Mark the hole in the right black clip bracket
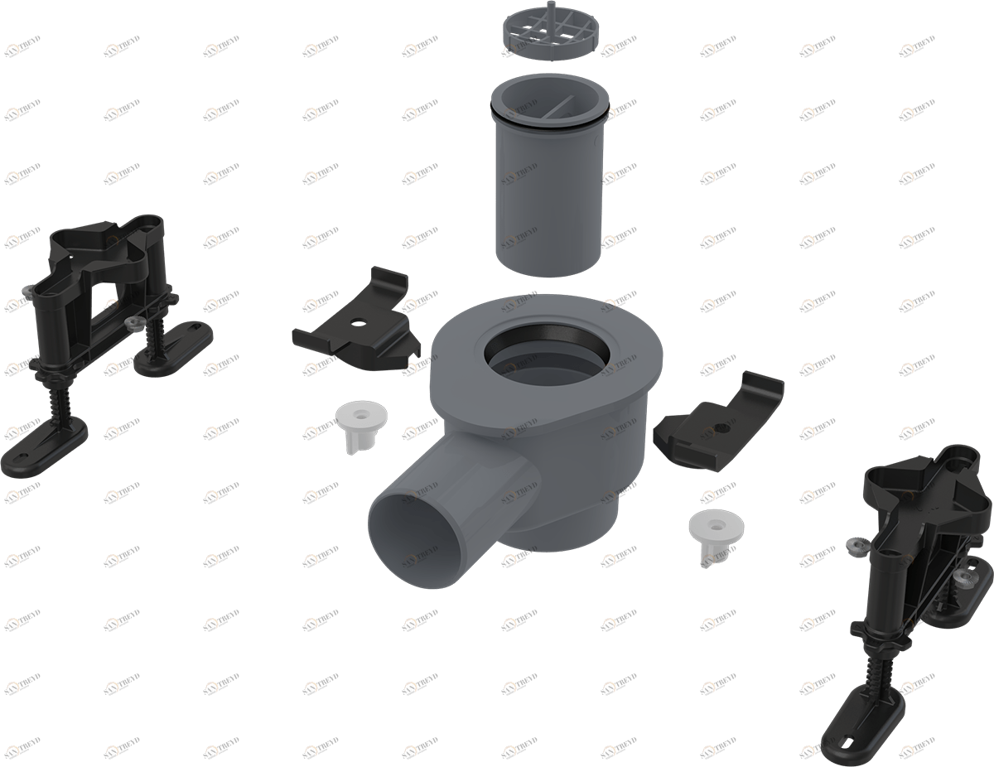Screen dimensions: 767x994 point(724,428)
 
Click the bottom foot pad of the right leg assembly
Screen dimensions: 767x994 point(861,720)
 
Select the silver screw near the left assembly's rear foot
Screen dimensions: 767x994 point(130,321)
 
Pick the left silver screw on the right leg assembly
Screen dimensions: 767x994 point(856,544)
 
